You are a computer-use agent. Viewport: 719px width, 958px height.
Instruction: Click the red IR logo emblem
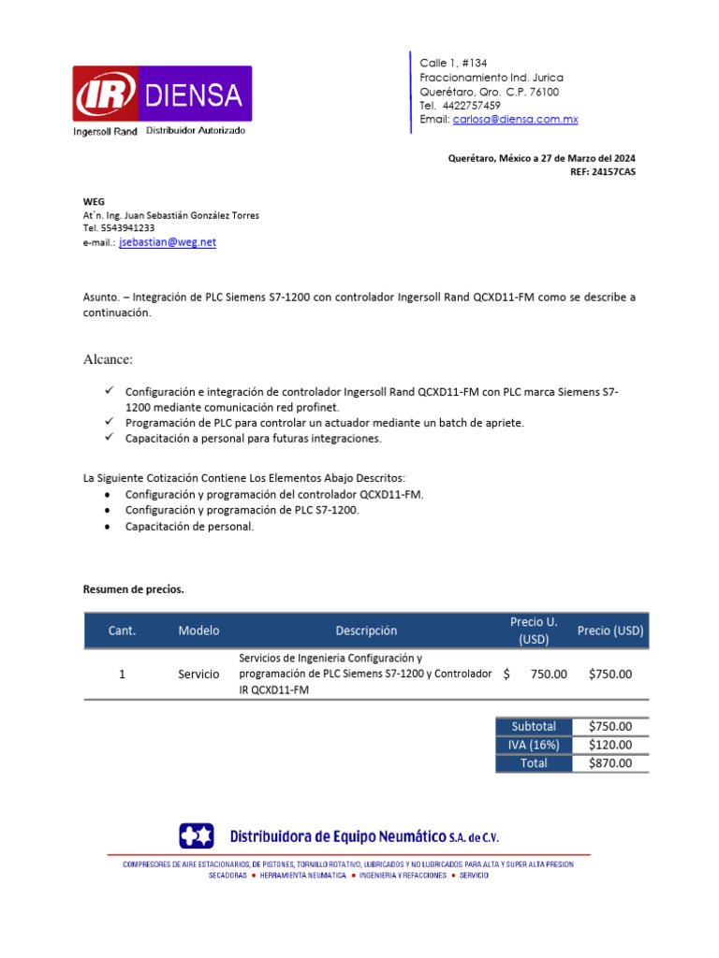click(x=105, y=94)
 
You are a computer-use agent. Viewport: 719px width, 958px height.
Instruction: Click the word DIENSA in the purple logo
click(x=194, y=94)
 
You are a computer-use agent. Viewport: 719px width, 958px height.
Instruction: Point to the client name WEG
click(x=94, y=201)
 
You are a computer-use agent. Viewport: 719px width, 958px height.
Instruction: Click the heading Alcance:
click(x=109, y=359)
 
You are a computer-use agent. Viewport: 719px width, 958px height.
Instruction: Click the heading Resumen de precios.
click(x=134, y=589)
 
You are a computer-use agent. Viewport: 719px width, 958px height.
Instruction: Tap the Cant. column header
click(x=122, y=631)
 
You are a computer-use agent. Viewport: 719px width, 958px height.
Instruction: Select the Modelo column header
click(x=198, y=631)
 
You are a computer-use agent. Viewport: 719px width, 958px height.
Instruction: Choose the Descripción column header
click(x=366, y=631)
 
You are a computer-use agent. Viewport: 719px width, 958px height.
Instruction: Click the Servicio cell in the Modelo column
click(x=198, y=674)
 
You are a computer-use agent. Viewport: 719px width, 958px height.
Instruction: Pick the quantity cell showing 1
click(x=122, y=674)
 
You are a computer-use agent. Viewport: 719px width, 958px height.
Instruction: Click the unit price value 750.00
click(x=548, y=674)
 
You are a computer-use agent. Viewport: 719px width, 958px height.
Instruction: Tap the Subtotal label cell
click(x=534, y=726)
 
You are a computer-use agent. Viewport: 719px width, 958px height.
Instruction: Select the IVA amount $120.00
click(x=610, y=745)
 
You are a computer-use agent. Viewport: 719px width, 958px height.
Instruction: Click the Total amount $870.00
click(x=610, y=763)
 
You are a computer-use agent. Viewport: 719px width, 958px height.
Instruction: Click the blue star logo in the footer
click(x=198, y=835)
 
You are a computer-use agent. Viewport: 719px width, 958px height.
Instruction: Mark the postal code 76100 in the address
click(x=544, y=92)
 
